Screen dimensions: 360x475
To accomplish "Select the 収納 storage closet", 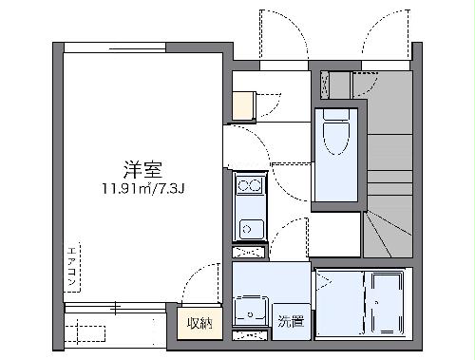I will [199, 322].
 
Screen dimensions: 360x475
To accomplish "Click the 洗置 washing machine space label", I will [291, 321].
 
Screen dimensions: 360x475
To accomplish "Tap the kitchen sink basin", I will [251, 228].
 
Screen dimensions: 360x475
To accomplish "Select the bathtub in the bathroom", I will [387, 302].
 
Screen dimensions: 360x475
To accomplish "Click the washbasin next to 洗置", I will [251, 311].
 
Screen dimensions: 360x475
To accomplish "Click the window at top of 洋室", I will [142, 46].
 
